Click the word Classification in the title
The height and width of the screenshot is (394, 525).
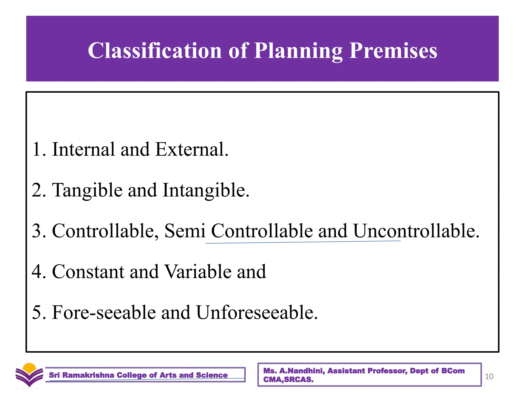click(155, 51)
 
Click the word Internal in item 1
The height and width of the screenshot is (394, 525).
click(83, 149)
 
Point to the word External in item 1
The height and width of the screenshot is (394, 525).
click(191, 149)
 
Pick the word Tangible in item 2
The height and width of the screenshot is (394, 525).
click(87, 191)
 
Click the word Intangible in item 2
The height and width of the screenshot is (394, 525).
click(206, 191)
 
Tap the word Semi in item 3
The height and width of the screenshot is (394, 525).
click(185, 231)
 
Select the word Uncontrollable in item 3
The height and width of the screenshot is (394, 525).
click(416, 231)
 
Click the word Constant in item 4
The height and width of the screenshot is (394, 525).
click(88, 272)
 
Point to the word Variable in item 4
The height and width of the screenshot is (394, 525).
click(198, 272)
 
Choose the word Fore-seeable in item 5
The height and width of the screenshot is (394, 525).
click(104, 313)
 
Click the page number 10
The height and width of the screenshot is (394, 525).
click(489, 377)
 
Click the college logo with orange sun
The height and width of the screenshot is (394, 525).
click(29, 375)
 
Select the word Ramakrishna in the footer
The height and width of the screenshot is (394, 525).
click(88, 375)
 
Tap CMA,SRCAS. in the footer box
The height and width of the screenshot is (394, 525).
click(288, 380)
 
